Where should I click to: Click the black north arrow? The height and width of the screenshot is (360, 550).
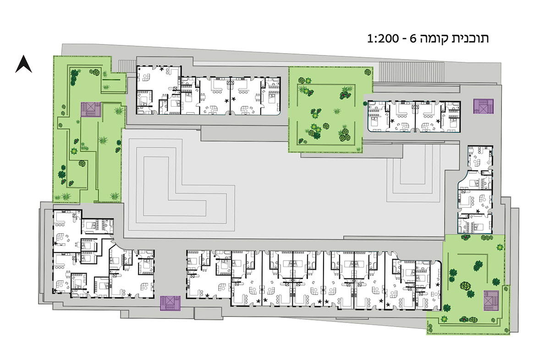click(23, 65)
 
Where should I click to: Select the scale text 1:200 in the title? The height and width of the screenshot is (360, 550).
click(383, 39)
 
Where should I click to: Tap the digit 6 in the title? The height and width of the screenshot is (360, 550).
click(413, 39)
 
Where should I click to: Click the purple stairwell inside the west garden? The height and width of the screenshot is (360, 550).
click(91, 109)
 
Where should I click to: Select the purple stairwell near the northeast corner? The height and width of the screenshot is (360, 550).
click(483, 106)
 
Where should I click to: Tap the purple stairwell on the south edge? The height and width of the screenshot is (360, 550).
click(170, 303)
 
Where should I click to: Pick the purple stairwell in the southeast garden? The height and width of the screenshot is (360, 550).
click(491, 300)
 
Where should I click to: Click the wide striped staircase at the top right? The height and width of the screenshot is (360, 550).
click(412, 71)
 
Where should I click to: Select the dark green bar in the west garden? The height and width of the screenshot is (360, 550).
click(111, 80)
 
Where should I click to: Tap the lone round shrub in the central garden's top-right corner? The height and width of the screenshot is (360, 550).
click(368, 72)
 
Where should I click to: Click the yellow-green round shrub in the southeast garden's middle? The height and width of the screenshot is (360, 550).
click(465, 286)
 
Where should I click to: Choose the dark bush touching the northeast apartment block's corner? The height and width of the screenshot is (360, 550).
click(365, 104)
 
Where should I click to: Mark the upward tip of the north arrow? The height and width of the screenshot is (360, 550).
click(23, 55)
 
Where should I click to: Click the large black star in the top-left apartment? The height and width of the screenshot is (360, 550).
click(161, 69)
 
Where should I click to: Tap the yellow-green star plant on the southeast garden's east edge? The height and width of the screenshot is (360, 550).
click(500, 247)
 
